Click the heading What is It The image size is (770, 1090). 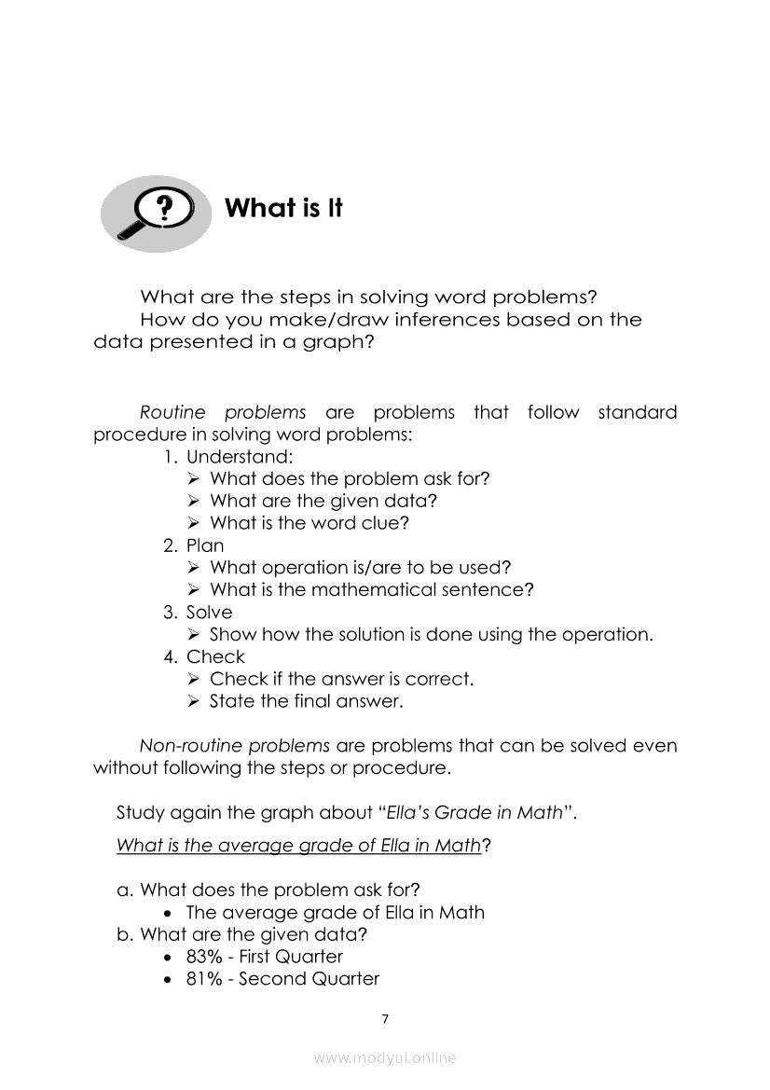pyautogui.click(x=283, y=208)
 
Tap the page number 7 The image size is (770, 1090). pyautogui.click(x=385, y=1018)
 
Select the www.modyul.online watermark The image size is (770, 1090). pyautogui.click(x=385, y=1057)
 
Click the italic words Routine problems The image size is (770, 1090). pyautogui.click(x=223, y=412)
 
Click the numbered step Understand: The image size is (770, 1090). pyautogui.click(x=240, y=457)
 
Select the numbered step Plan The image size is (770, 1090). pyautogui.click(x=205, y=545)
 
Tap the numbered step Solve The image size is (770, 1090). pyautogui.click(x=209, y=613)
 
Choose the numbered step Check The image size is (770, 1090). pyautogui.click(x=215, y=656)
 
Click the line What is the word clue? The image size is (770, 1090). pyautogui.click(x=309, y=523)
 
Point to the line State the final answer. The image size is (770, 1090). pyautogui.click(x=307, y=701)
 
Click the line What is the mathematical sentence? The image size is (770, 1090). pyautogui.click(x=372, y=590)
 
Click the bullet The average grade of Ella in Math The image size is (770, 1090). pyautogui.click(x=336, y=913)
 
